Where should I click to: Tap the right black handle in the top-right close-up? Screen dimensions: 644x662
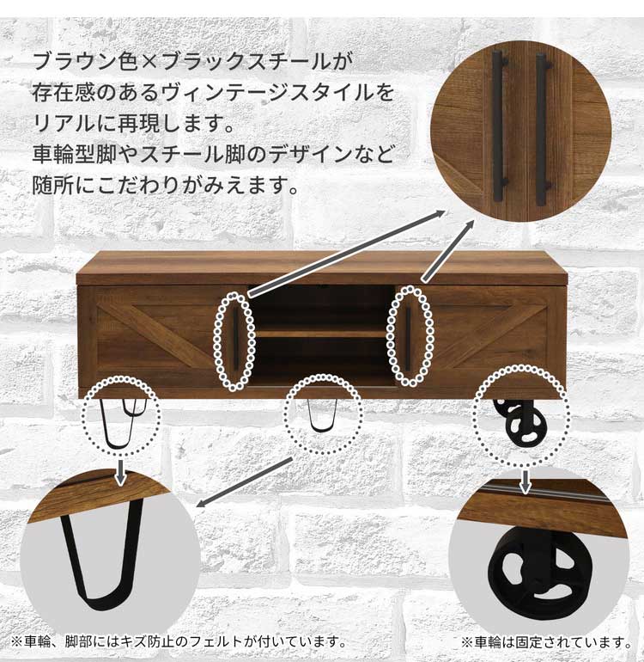click(544, 130)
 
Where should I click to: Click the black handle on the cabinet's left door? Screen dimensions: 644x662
click(235, 340)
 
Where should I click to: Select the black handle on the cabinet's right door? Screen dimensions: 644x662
click(408, 339)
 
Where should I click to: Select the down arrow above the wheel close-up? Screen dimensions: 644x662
click(525, 481)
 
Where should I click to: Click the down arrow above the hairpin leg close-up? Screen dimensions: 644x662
click(120, 473)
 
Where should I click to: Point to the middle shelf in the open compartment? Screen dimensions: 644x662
click(321, 333)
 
